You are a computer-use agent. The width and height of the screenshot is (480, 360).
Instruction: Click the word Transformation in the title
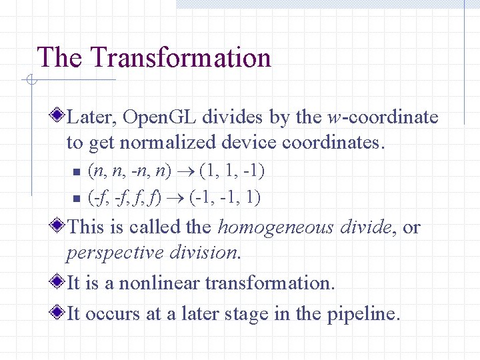[182, 58]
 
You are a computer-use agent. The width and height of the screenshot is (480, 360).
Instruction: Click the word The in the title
[59, 58]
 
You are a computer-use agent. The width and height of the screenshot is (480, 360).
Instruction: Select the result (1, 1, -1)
[231, 171]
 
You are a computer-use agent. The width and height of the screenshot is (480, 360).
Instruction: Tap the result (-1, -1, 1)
[225, 197]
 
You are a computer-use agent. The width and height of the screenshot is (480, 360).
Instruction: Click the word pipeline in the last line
[363, 314]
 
